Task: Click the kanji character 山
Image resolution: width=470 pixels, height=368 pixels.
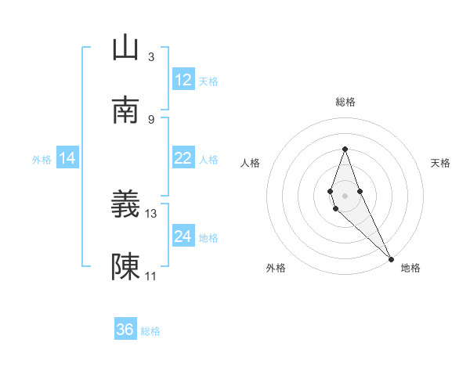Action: [x=125, y=48]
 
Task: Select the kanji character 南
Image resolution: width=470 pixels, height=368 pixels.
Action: [x=125, y=110]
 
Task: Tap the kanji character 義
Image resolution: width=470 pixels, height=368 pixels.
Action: [x=125, y=204]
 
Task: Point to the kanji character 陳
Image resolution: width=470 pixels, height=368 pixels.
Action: [x=125, y=267]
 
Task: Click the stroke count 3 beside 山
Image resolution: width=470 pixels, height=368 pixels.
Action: [x=151, y=56]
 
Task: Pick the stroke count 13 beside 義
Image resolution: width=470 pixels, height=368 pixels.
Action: [x=151, y=213]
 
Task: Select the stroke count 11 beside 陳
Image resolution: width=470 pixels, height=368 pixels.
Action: [x=151, y=276]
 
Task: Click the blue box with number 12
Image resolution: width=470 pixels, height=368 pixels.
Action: [x=183, y=80]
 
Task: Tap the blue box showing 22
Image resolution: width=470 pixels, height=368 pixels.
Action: [x=183, y=158]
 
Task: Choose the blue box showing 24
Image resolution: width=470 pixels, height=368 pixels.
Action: [x=183, y=236]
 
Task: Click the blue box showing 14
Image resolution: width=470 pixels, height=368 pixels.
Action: [x=67, y=158]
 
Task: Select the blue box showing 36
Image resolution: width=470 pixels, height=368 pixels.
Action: [x=125, y=330]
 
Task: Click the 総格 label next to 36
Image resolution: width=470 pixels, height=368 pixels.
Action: [x=150, y=331]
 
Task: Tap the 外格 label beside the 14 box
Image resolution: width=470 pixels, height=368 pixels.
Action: [x=42, y=159]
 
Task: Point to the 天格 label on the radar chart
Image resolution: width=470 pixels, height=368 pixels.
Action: [x=440, y=163]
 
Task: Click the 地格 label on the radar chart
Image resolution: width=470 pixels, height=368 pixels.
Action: [x=410, y=268]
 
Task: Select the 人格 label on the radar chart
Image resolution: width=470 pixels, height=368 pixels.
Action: [x=250, y=163]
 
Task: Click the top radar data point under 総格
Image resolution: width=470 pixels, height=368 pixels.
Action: [x=345, y=149]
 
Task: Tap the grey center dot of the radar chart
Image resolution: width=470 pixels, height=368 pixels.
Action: [x=345, y=196]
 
